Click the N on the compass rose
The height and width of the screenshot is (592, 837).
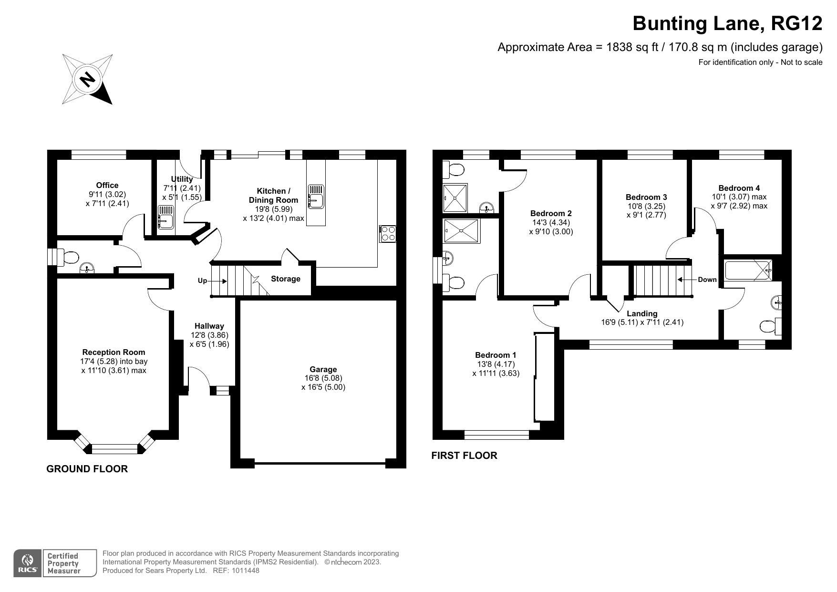click(87, 79)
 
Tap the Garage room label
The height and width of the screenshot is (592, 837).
click(323, 369)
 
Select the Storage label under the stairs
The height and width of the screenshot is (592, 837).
click(286, 279)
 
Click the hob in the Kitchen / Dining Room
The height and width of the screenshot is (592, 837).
click(388, 233)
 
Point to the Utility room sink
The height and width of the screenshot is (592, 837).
click(166, 218)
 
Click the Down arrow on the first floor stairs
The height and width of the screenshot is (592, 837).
click(686, 280)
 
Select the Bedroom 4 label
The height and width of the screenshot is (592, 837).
click(739, 188)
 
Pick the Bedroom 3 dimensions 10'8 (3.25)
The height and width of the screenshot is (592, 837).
click(646, 206)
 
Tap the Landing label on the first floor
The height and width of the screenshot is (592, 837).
click(642, 313)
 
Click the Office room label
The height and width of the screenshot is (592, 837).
click(107, 185)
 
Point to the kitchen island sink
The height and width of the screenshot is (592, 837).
click(316, 197)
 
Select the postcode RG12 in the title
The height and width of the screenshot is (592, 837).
click(796, 23)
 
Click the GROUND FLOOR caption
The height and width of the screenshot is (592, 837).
click(87, 469)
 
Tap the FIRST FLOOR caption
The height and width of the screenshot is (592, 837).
click(464, 456)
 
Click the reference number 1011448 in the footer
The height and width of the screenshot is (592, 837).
click(246, 571)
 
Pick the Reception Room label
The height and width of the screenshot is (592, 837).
click(114, 352)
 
